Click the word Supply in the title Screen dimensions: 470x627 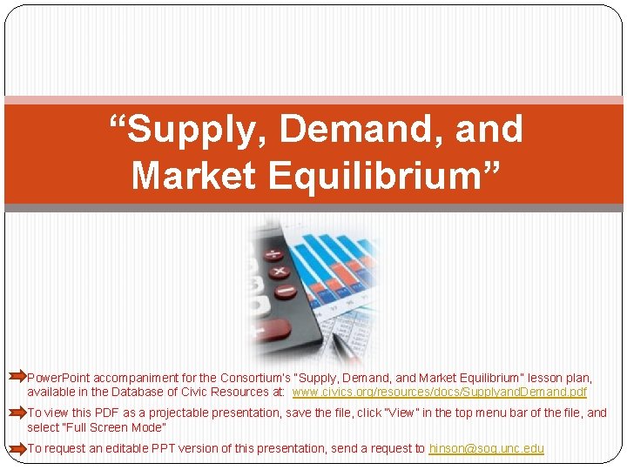[x=197, y=130]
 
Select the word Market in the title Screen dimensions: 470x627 [x=193, y=175]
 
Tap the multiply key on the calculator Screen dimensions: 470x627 [x=281, y=272]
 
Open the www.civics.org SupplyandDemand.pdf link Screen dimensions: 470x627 [x=440, y=393]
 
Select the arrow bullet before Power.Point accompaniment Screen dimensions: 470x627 [x=17, y=378]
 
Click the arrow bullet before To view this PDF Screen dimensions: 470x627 [x=17, y=413]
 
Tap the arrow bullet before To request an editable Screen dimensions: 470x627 [x=17, y=448]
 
